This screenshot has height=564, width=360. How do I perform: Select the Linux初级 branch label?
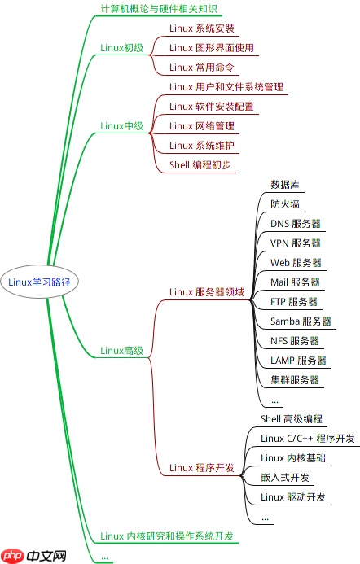point(121,47)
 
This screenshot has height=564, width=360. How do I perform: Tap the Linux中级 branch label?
point(121,126)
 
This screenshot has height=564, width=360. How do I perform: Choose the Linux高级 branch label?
point(121,351)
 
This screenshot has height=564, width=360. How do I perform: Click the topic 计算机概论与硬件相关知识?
point(159,9)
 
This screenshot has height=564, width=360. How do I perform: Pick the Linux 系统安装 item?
point(201,28)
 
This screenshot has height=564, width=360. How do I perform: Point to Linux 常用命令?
point(201,68)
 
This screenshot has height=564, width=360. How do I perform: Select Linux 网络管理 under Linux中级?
point(201,126)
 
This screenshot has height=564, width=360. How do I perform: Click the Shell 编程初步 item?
point(200,165)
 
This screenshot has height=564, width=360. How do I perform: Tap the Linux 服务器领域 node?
point(206,291)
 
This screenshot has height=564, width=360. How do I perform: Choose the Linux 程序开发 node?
point(201,468)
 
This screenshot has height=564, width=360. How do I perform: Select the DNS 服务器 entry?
point(295,224)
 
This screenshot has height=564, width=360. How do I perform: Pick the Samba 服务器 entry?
point(301,321)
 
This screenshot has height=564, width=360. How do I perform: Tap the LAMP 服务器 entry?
point(298,361)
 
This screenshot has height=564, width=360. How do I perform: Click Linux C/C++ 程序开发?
point(307,439)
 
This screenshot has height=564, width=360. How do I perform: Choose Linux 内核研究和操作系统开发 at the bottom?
point(167,536)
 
